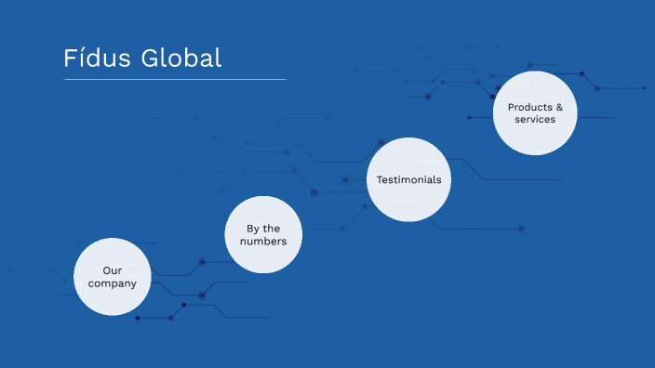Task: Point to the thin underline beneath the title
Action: tap(175, 80)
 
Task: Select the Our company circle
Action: tap(113, 277)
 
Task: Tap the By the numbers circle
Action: tap(263, 235)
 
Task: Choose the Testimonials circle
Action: tap(408, 179)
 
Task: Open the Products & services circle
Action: tap(535, 112)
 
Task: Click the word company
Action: tap(113, 283)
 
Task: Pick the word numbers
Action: tap(263, 242)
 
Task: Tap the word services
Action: tap(535, 119)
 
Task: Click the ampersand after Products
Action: tap(559, 107)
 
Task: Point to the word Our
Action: tap(113, 270)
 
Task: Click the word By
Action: tap(251, 229)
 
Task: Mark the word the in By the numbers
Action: tap(271, 229)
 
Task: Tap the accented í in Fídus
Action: tap(80, 58)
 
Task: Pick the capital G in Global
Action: tap(150, 58)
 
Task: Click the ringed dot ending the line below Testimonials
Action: tap(521, 229)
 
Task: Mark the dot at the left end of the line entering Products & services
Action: tap(470, 118)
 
